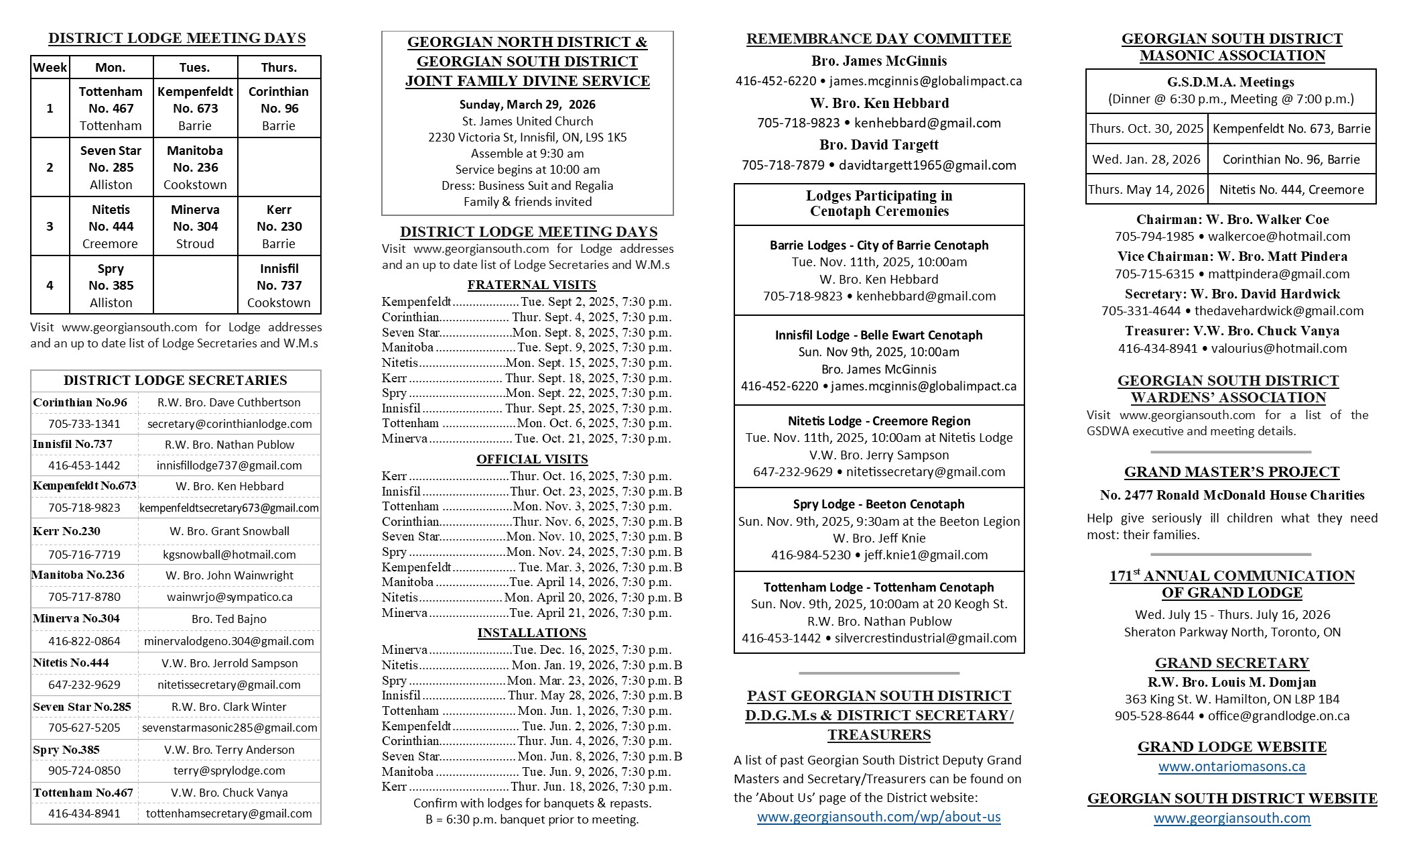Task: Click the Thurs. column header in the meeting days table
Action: (x=279, y=67)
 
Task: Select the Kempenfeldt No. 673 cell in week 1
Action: (x=195, y=108)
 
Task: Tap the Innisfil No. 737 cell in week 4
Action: (x=279, y=285)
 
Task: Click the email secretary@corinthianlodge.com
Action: (x=229, y=424)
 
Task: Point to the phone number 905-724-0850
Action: (x=84, y=771)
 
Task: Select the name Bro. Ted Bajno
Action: (x=229, y=619)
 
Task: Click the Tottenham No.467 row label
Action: (x=83, y=793)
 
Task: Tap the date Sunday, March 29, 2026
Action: (x=527, y=105)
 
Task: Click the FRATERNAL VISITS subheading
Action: (x=531, y=284)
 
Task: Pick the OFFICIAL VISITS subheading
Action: (x=532, y=459)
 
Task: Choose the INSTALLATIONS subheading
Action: (x=531, y=632)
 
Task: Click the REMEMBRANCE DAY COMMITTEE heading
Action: (x=878, y=39)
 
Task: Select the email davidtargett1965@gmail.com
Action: (x=927, y=165)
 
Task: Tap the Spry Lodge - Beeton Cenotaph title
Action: (x=878, y=504)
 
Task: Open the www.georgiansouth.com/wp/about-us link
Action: (x=878, y=817)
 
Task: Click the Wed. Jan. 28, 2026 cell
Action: (x=1146, y=159)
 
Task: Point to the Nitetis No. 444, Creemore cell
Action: (x=1291, y=189)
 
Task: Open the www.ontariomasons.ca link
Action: (x=1231, y=766)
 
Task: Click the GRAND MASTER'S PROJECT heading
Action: (x=1231, y=472)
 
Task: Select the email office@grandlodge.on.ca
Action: (x=1278, y=716)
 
